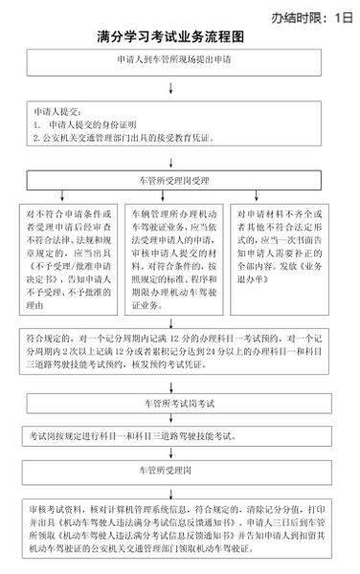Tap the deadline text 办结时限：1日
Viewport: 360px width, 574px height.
312,16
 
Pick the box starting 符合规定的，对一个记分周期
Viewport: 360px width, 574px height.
179,350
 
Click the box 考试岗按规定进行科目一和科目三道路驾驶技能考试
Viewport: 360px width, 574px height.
179,436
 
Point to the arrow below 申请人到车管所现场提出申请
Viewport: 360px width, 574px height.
171,89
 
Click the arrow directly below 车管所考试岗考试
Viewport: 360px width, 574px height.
171,420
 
